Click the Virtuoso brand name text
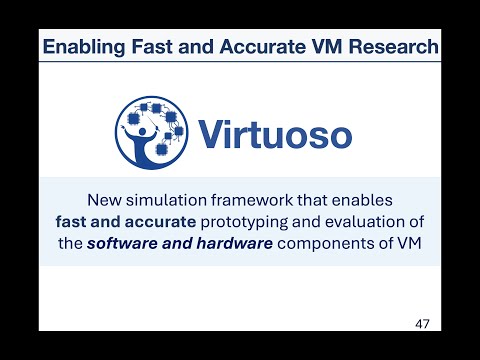274,133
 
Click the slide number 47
424,324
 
